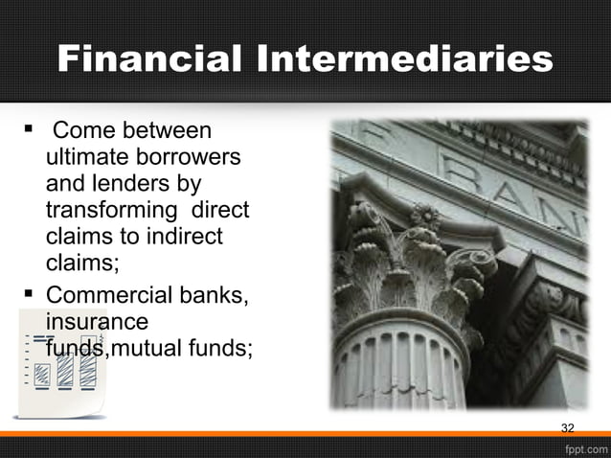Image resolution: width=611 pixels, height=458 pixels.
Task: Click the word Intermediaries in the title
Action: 404,59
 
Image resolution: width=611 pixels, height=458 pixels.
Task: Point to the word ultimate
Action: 84,156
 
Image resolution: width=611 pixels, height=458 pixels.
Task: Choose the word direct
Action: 221,210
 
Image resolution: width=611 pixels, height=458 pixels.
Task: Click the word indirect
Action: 181,236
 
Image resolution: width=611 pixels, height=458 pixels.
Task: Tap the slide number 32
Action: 567,426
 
